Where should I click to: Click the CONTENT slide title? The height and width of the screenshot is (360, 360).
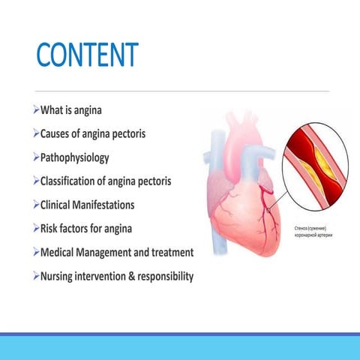click(88, 55)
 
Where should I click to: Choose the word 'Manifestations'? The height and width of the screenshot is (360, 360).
click(119, 205)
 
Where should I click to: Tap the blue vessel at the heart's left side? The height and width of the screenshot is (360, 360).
click(211, 161)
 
